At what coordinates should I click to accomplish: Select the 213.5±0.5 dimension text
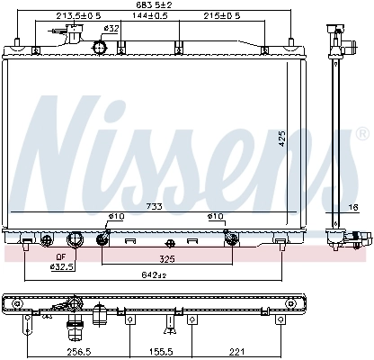[78, 16]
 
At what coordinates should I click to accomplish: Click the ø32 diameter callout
[112, 28]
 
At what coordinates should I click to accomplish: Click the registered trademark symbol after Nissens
[362, 132]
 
